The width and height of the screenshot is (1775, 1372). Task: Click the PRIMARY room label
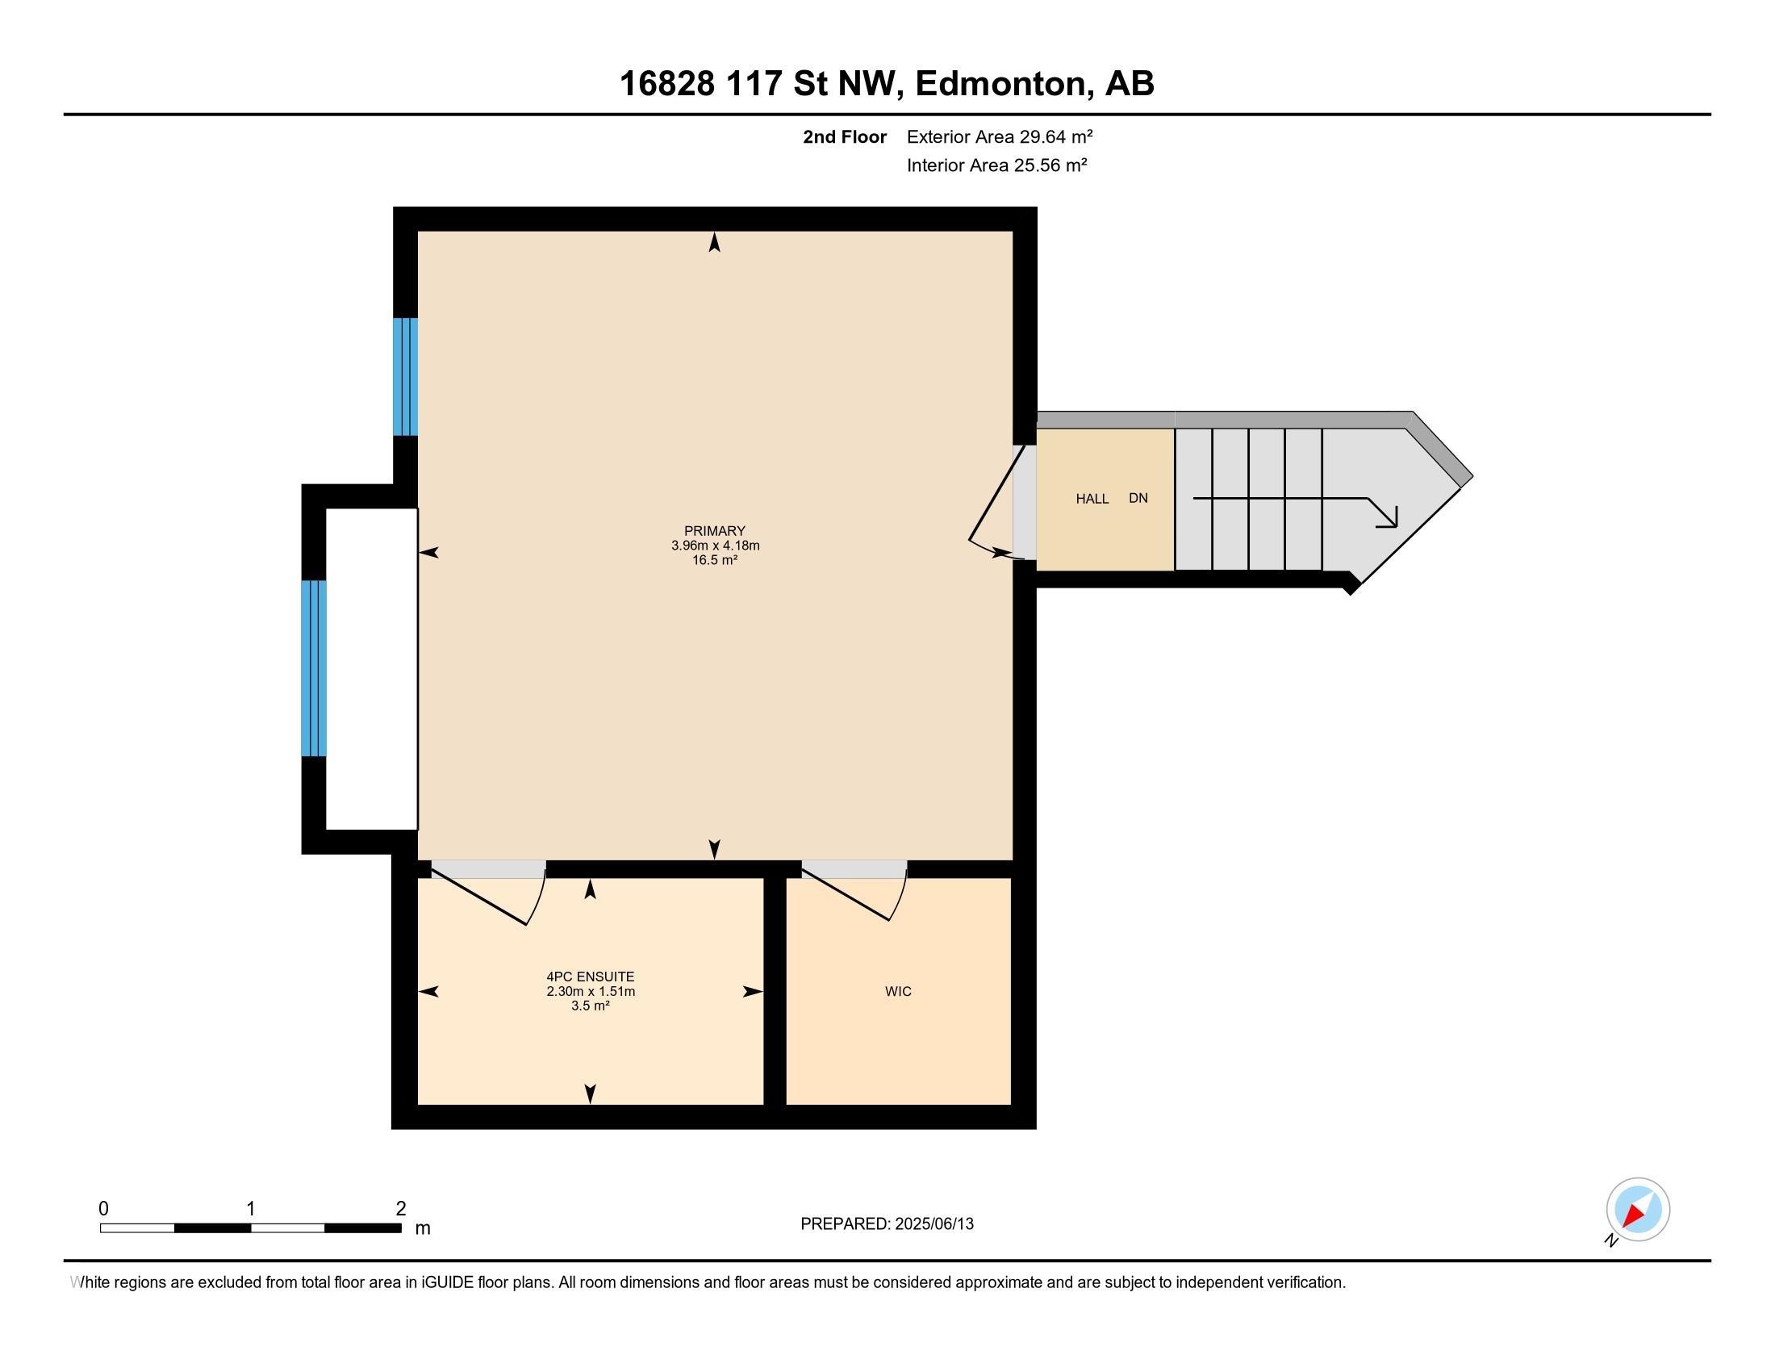[714, 531]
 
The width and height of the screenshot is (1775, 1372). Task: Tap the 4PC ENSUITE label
[590, 977]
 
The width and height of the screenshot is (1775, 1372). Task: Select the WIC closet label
[898, 992]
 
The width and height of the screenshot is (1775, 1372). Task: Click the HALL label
[1092, 499]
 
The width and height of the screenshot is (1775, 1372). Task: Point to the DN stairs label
[1138, 498]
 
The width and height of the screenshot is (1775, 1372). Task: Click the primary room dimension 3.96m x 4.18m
[715, 546]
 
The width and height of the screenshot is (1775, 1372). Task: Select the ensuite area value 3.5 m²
[591, 1006]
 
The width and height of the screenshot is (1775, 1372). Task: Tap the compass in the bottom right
[1638, 1210]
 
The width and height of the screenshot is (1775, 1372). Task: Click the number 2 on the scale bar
[401, 1209]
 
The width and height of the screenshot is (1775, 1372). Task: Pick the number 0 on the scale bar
[103, 1209]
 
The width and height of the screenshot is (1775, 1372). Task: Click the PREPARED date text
[887, 1224]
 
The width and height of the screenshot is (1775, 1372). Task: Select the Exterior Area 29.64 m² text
[1000, 136]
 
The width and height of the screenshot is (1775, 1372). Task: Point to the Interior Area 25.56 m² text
[997, 165]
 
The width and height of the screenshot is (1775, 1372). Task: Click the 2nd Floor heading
[845, 136]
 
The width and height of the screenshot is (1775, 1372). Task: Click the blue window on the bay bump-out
[314, 668]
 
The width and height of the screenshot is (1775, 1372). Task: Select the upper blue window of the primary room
[406, 376]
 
